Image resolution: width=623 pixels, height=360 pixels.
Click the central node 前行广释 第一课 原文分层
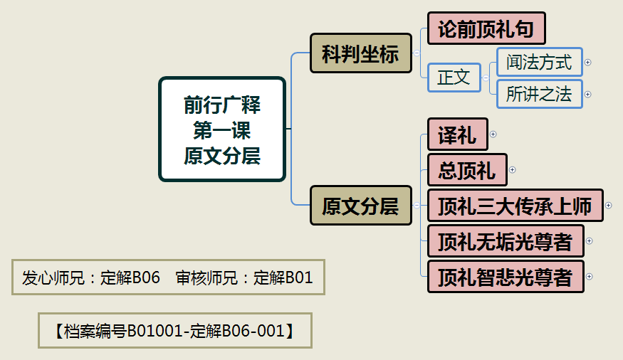(x=221, y=129)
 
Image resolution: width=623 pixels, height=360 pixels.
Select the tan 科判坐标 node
(x=360, y=53)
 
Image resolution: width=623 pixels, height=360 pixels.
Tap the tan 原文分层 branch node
(x=360, y=206)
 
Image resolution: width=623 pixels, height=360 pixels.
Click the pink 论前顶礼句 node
(x=486, y=28)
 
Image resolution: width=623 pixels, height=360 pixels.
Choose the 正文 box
(x=454, y=78)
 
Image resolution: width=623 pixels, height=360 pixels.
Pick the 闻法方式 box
(x=539, y=63)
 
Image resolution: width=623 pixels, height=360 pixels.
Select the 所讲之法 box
(x=539, y=94)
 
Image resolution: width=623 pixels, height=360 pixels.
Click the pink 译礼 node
(x=457, y=134)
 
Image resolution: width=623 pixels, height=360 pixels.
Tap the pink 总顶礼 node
(x=467, y=170)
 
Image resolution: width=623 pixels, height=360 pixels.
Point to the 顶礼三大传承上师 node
(x=515, y=206)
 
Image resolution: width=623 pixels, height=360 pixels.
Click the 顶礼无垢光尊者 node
(x=506, y=241)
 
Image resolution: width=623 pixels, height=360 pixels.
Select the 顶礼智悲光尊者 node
(x=506, y=277)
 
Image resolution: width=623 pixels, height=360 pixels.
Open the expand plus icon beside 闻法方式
(x=588, y=63)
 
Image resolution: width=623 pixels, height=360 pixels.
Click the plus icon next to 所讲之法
(x=588, y=94)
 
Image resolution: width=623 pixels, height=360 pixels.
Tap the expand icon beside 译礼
(x=493, y=134)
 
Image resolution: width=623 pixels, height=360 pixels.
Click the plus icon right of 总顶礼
(x=512, y=170)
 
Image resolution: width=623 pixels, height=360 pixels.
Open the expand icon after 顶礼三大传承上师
(x=608, y=206)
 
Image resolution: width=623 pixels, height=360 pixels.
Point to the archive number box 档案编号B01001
(x=174, y=331)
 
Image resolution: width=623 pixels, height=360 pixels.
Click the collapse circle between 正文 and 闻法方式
(x=486, y=78)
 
